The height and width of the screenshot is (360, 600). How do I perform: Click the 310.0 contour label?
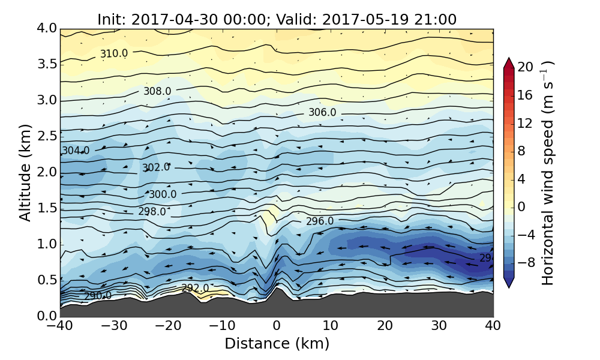pos(113,54)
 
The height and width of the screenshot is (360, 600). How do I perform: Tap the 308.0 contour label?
pos(157,91)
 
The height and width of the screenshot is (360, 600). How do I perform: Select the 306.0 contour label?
pos(322,113)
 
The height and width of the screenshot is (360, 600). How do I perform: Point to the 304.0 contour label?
pos(76,151)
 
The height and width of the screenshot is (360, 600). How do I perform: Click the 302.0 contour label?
pos(156,167)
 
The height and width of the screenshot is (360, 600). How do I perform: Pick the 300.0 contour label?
pos(163,194)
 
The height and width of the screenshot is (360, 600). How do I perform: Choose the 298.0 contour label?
pos(152,212)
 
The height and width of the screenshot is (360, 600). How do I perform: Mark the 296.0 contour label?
pos(320,221)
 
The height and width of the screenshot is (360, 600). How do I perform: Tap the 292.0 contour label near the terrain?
pos(195,288)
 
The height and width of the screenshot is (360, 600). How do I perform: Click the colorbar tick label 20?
pos(526,68)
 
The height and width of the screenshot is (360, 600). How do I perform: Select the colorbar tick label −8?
pos(526,263)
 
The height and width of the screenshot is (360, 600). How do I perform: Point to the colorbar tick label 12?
pos(526,124)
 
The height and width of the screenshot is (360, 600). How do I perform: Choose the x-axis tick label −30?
pos(114,326)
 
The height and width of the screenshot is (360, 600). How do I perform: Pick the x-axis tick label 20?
pos(385,326)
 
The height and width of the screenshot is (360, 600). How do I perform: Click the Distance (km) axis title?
pos(277,344)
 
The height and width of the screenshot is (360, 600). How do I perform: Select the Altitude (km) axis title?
pos(25,172)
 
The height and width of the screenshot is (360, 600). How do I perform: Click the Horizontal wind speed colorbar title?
pos(548,173)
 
